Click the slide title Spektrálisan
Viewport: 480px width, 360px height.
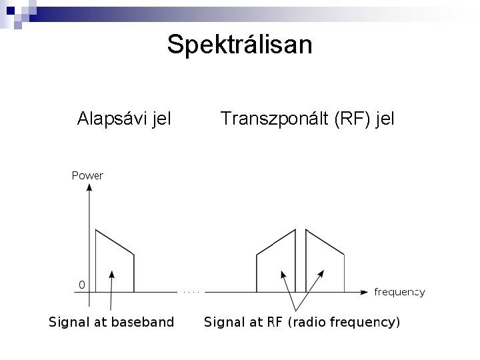239,45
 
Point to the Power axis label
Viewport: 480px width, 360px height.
87,176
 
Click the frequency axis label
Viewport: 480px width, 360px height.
399,292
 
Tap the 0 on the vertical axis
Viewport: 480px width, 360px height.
81,285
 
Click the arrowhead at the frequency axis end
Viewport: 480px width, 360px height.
363,291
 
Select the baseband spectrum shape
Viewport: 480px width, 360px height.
115,263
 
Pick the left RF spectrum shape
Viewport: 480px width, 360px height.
276,263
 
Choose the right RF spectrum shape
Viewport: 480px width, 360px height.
325,263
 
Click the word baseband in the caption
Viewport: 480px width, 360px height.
143,323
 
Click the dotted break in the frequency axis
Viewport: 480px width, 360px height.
191,291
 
